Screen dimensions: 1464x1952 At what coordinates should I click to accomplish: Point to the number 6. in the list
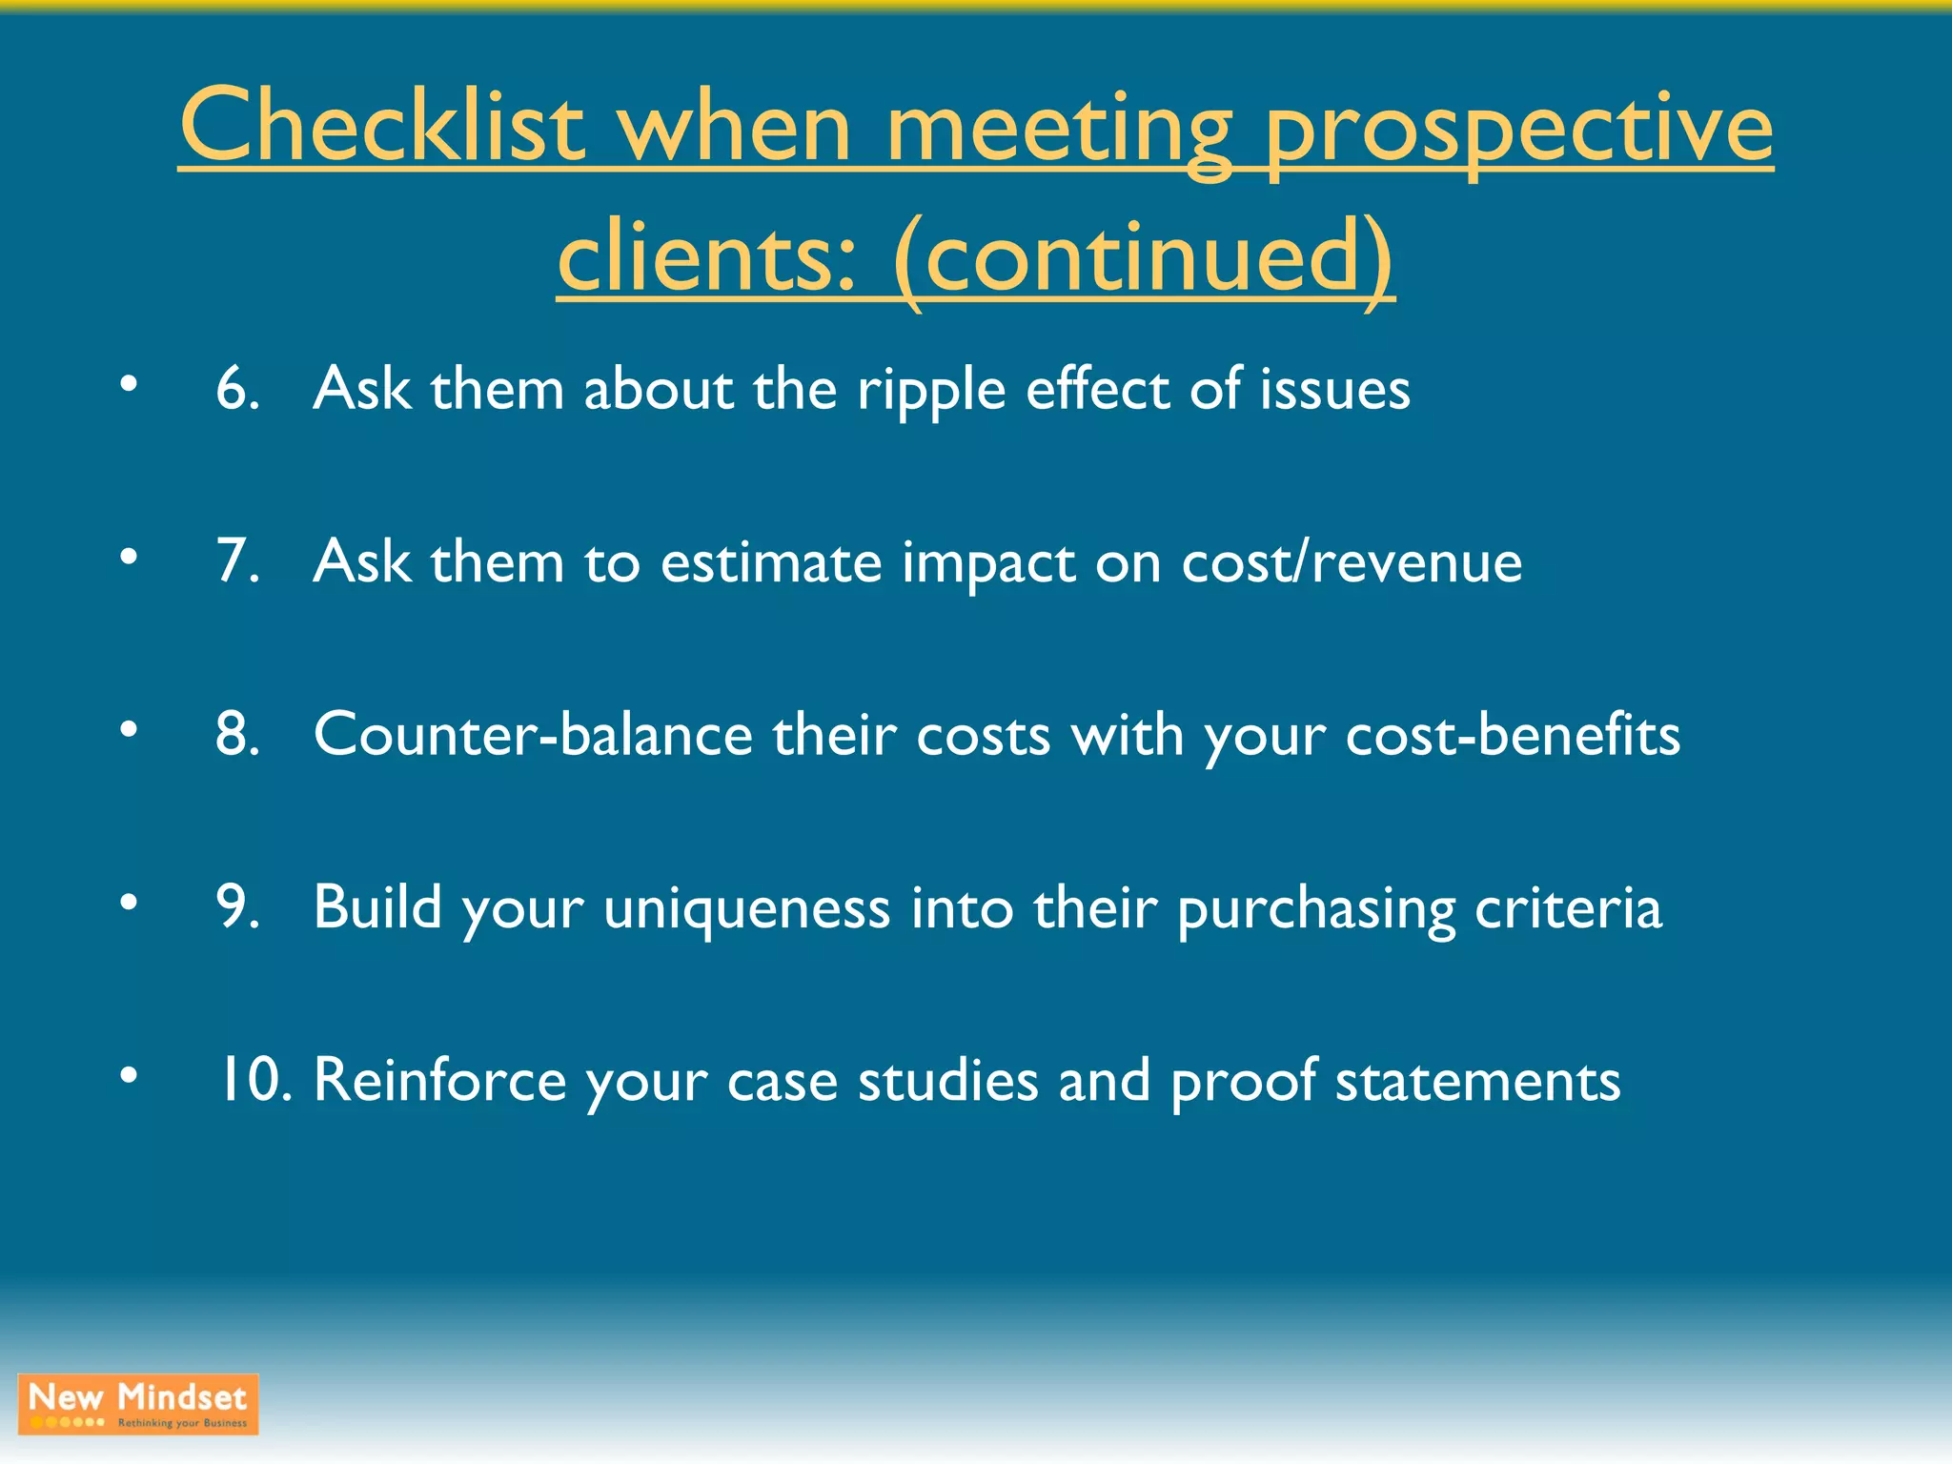(237, 389)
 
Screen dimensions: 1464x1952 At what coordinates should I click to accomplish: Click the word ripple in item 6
(930, 391)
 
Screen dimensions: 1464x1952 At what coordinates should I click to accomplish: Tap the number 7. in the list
(237, 561)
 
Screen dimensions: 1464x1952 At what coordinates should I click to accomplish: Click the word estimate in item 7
(771, 562)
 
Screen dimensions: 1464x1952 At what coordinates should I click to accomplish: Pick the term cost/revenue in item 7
(1352, 562)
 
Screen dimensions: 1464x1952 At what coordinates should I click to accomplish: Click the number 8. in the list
(237, 735)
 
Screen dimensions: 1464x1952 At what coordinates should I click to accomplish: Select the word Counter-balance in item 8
(534, 735)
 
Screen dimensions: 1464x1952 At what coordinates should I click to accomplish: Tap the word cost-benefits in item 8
(1513, 735)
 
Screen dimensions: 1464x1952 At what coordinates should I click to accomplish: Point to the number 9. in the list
(237, 907)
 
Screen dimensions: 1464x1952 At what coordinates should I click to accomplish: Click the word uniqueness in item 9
(747, 908)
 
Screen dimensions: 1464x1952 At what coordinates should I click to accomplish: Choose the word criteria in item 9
(1568, 908)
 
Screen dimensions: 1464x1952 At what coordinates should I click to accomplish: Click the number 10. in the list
(254, 1080)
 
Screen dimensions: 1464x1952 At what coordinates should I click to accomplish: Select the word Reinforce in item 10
(439, 1080)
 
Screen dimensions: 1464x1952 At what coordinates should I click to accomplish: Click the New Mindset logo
(138, 1404)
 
